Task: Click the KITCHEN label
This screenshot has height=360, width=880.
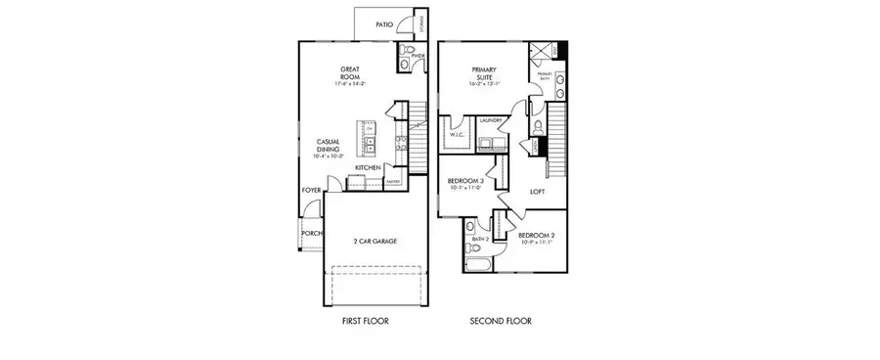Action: pyautogui.click(x=368, y=168)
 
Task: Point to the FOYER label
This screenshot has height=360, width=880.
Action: pyautogui.click(x=310, y=190)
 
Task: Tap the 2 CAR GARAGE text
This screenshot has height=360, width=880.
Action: pyautogui.click(x=375, y=241)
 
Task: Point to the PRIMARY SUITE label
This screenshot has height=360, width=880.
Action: pyautogui.click(x=485, y=72)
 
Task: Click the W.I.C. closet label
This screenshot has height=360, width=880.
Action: pyautogui.click(x=456, y=136)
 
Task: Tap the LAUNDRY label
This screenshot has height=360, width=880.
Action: pyautogui.click(x=491, y=120)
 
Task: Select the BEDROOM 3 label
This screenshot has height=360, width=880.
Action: pyautogui.click(x=466, y=182)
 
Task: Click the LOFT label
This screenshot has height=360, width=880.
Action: pyautogui.click(x=537, y=192)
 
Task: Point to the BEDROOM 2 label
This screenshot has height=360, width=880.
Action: pyautogui.click(x=536, y=236)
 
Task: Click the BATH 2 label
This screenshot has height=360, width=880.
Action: pyautogui.click(x=480, y=239)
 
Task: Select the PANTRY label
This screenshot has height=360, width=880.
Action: pyautogui.click(x=394, y=182)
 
